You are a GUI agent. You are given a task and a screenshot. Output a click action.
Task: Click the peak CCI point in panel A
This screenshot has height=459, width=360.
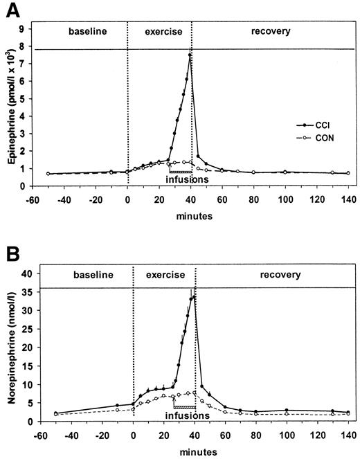tap(189, 55)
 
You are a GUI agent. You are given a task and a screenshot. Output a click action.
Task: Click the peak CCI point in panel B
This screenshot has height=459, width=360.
tap(195, 297)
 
